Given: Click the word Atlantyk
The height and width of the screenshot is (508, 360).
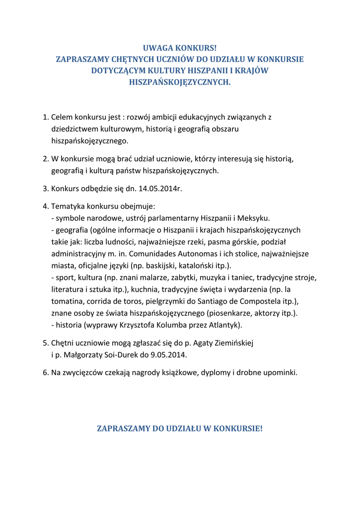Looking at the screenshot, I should [x=224, y=325].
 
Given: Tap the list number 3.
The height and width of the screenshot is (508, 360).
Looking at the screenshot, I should [x=46, y=189].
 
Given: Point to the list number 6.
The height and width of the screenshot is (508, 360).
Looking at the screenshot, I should [x=46, y=373].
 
